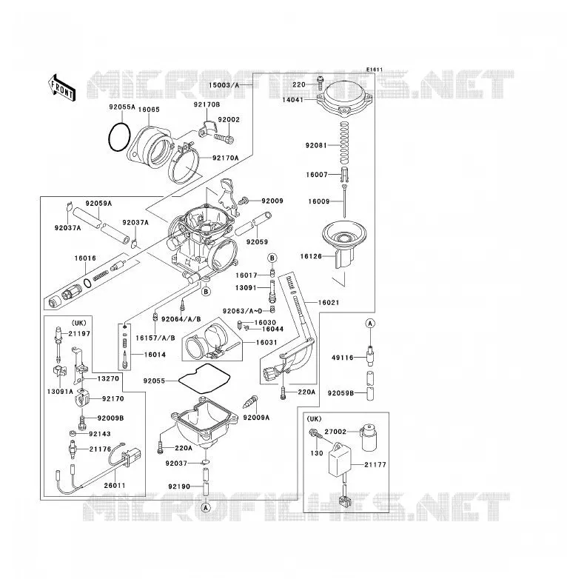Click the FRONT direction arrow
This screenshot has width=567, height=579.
pos(62,87)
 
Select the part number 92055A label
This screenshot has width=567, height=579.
pos(122,107)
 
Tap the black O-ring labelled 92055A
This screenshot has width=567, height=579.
pos(119,137)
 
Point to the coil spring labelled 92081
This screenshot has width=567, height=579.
pos(344,144)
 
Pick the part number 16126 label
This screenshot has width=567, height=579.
pos(311,256)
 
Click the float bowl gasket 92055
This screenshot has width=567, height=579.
pos(204,378)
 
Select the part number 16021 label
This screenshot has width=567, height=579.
pos(329,302)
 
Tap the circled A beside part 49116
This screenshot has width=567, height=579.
pos(370,324)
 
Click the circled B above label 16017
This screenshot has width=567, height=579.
pos(272,258)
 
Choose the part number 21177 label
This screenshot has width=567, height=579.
pos(375,464)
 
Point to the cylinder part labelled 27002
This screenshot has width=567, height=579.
pos(369,438)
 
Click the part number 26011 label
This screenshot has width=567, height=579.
pos(115,485)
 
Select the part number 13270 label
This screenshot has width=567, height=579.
pos(108,378)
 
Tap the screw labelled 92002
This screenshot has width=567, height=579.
pos(224,139)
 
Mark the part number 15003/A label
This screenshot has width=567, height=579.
pos(224,85)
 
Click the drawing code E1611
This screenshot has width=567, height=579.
pos(375,70)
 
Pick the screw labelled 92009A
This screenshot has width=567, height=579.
pos(251,402)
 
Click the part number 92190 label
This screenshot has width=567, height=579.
pos(179,486)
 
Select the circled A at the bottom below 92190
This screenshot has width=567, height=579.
pos(206,507)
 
